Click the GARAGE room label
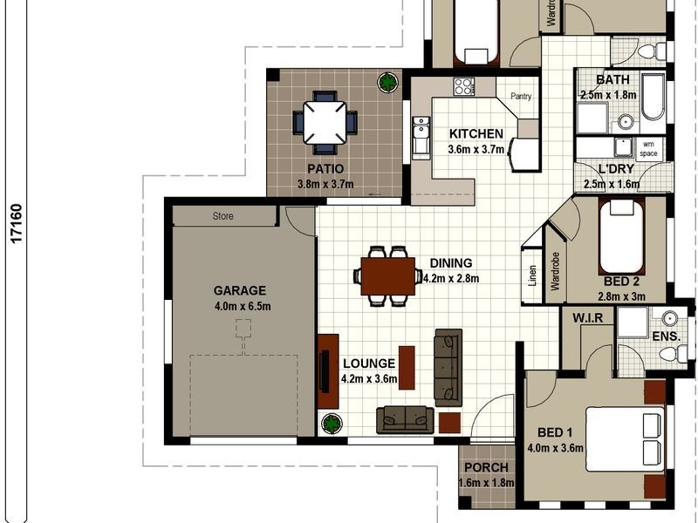pos(239,291)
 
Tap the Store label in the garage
pos(222,216)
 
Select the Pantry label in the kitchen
pos(521,96)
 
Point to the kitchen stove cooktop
pos(464,86)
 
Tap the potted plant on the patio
pos(387,82)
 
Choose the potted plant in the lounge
pos(332,424)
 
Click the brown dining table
pos(387,276)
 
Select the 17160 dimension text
pos(17,223)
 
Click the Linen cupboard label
pos(532,275)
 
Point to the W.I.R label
pos(587,318)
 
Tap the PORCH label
pos(486,467)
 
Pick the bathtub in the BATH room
pos(653,98)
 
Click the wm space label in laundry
pos(648,149)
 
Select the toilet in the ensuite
pos(674,355)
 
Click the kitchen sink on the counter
pos(421,138)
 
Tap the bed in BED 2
pos(621,237)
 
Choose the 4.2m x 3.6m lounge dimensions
pos(368,379)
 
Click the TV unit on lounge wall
pos(328,371)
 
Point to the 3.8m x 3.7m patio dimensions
pos(325,184)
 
